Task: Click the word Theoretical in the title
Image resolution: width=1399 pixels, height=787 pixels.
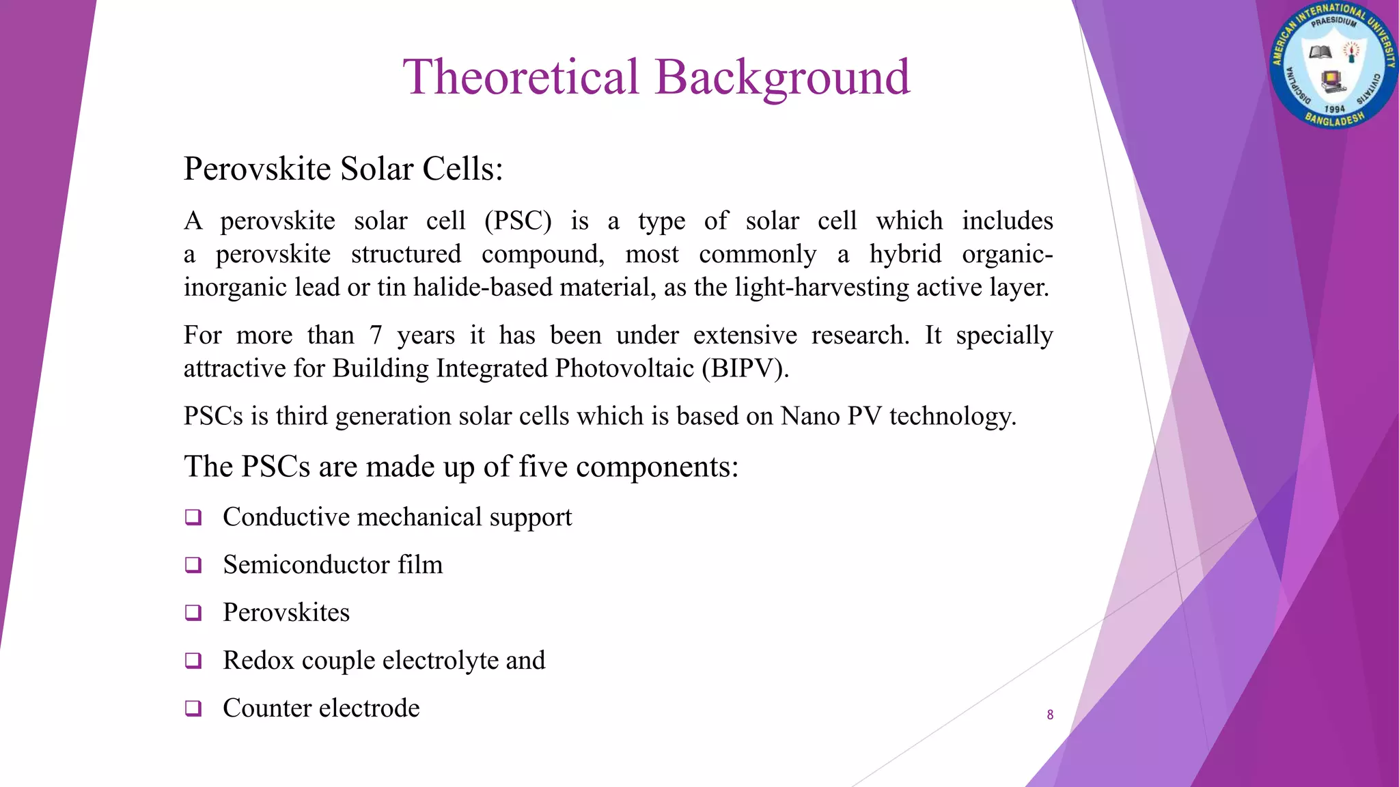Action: [x=521, y=77]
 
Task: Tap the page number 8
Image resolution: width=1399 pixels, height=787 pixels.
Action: [x=1050, y=715]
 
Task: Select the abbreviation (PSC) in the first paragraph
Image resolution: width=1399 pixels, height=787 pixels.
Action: [x=518, y=221]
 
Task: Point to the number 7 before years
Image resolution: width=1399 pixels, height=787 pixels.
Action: [x=376, y=335]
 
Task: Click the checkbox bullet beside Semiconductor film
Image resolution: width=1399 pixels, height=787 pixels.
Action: [x=193, y=565]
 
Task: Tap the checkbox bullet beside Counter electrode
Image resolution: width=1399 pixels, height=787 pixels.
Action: [x=193, y=708]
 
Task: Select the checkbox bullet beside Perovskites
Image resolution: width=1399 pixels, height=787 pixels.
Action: [x=193, y=613]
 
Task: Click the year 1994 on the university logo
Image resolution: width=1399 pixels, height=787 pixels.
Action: [x=1334, y=109]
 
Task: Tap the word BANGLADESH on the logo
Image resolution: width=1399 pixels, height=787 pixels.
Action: [x=1335, y=120]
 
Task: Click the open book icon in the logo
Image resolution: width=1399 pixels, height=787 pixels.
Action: [x=1320, y=53]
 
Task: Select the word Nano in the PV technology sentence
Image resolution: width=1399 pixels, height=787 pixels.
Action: [x=810, y=416]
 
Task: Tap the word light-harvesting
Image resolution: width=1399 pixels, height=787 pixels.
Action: [x=822, y=287]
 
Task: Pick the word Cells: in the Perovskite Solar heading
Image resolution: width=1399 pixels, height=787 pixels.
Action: [x=462, y=169]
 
